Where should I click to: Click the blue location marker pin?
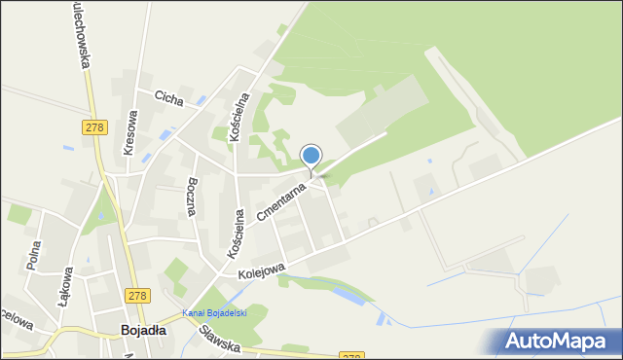pyautogui.click(x=311, y=157)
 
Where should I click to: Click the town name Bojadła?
pyautogui.click(x=142, y=330)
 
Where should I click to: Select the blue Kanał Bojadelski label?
pyautogui.click(x=214, y=313)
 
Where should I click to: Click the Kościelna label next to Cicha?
pyautogui.click(x=239, y=118)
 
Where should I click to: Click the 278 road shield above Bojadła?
pyautogui.click(x=138, y=295)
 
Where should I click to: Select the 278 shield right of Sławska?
pyautogui.click(x=352, y=356)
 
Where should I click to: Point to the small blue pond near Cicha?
pyautogui.click(x=200, y=100)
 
